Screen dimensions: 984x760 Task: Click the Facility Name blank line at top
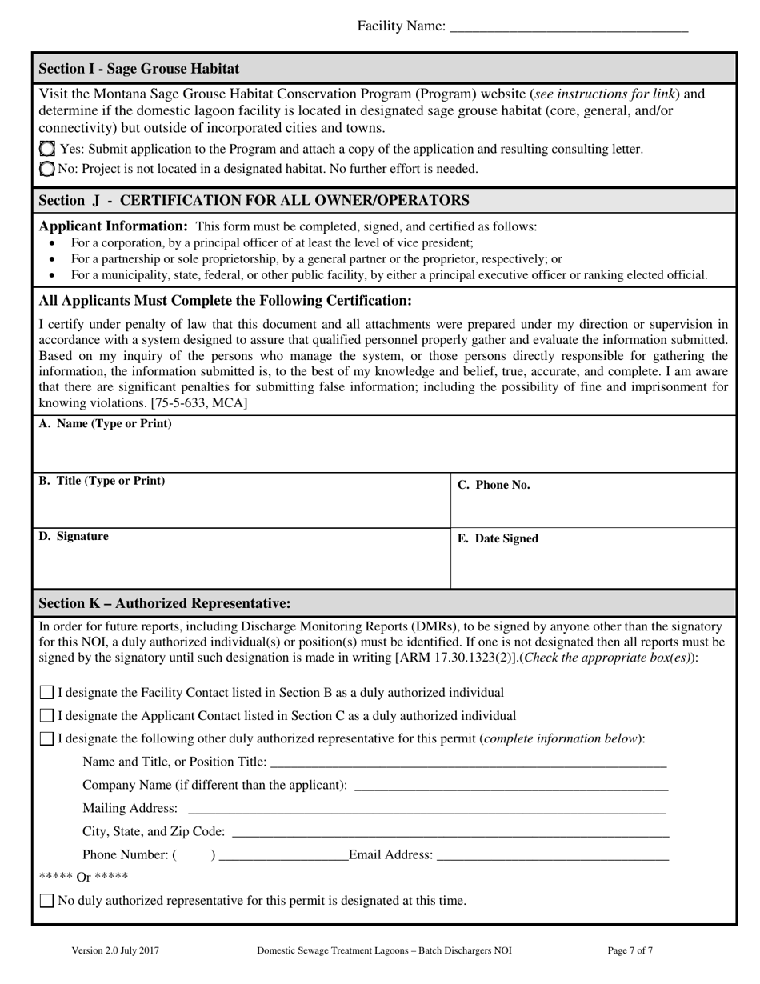click(x=569, y=27)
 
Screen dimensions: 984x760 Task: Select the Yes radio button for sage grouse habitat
click(x=47, y=149)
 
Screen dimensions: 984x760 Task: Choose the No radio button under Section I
click(x=47, y=169)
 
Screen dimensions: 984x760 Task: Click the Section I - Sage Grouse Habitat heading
click(x=138, y=69)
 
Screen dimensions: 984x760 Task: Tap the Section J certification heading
click(x=254, y=200)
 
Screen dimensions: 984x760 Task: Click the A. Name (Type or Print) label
click(x=105, y=424)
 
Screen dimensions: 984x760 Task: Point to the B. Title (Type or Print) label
click(x=102, y=481)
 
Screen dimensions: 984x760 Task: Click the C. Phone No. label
click(x=493, y=485)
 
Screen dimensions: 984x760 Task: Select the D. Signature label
click(x=74, y=536)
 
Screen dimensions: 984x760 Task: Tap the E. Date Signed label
click(x=498, y=538)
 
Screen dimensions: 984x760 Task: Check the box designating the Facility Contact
click(x=47, y=693)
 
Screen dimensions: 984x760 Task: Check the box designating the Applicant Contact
click(x=47, y=716)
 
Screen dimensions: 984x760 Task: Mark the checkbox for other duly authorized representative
click(x=47, y=738)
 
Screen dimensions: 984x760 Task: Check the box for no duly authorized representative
click(x=47, y=901)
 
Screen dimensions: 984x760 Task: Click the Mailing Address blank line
click(x=426, y=808)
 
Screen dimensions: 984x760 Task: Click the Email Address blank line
click(x=552, y=855)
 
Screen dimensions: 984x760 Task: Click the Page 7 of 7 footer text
click(x=630, y=951)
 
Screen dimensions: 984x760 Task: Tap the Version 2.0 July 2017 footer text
click(x=115, y=951)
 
